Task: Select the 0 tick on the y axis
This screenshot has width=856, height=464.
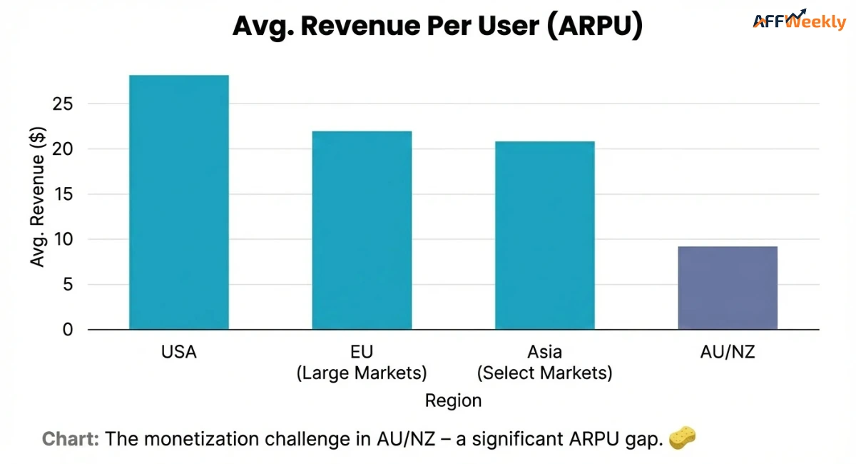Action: point(68,330)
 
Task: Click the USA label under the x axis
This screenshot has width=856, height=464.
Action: point(178,353)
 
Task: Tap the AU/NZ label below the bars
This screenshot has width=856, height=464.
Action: point(728,353)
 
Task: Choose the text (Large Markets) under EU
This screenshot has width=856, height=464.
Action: point(362,373)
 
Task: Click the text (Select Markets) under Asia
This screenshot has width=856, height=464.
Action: point(545,373)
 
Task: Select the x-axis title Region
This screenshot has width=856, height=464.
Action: point(453,400)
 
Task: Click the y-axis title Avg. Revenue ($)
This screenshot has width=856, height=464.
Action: point(38,196)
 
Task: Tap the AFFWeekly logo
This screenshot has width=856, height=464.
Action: point(799,21)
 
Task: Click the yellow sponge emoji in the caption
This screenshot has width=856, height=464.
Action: point(682,438)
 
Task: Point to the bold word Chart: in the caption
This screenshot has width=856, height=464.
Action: point(71,438)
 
